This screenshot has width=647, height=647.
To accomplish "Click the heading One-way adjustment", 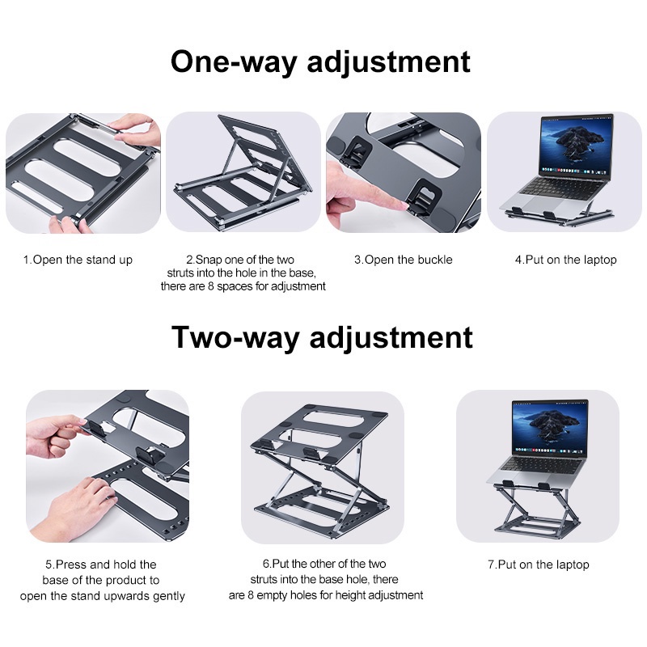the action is coord(320,62).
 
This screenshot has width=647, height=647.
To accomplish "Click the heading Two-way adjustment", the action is coord(322,337).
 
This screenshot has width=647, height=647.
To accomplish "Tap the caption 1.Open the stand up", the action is coord(78,260).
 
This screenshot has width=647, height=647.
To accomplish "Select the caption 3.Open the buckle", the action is coord(403,260).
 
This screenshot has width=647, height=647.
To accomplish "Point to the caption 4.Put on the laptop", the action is coord(565,260).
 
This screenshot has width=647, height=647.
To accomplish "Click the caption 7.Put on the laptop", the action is coord(538,565).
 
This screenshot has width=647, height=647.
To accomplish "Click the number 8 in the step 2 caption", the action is coord(210,286).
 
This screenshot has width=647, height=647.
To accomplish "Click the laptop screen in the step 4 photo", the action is coord(576,146).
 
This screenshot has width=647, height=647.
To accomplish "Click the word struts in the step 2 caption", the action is coord(180,273).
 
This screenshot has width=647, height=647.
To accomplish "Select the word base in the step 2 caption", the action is coord(302,273).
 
